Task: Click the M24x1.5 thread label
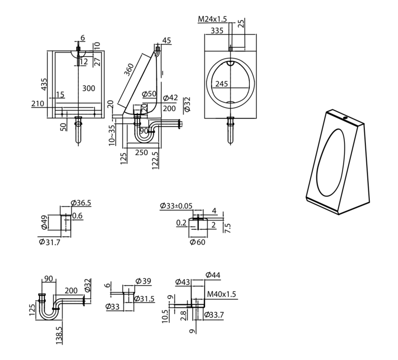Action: tap(212, 19)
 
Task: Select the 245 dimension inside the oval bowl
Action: tap(221, 84)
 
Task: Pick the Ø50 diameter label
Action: tap(149, 94)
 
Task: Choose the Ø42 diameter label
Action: tap(171, 97)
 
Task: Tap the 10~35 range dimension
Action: tap(113, 134)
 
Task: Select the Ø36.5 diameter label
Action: tap(81, 203)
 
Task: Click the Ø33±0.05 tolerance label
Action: tap(175, 206)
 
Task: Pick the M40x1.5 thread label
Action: tap(222, 294)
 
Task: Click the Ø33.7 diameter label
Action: tap(213, 315)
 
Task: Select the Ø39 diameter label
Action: tap(143, 281)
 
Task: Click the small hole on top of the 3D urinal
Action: tap(346, 118)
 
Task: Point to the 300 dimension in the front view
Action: tap(89, 88)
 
